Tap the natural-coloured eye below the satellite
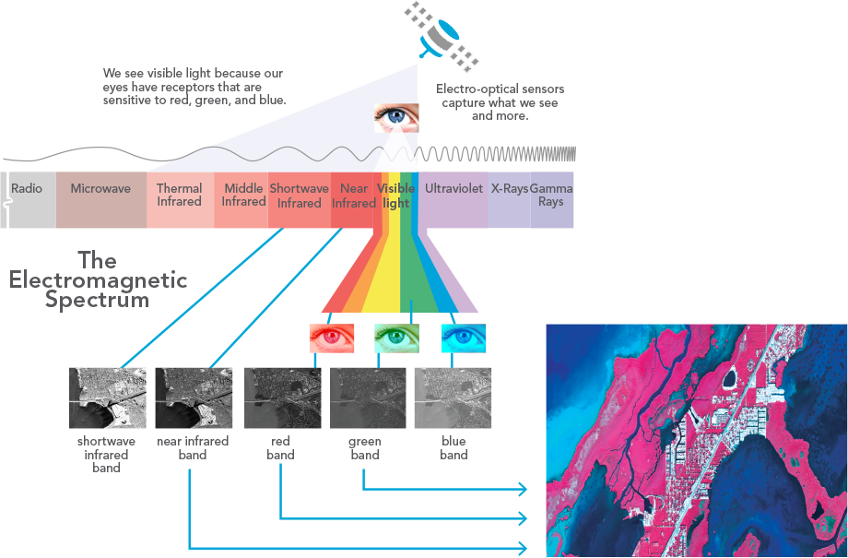[x=396, y=118]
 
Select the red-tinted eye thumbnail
[x=331, y=338]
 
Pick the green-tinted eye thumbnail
[x=397, y=338]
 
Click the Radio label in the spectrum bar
[x=27, y=189]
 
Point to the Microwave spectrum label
[x=100, y=189]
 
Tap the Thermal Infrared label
[x=179, y=195]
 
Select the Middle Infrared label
[x=243, y=195]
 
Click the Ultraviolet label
[x=453, y=189]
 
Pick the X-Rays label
[x=509, y=189]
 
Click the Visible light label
[x=395, y=196]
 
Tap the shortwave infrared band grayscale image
[x=107, y=398]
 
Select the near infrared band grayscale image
[x=193, y=398]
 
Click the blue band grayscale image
[x=453, y=398]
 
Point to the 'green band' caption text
[x=365, y=448]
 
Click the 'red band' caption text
[x=280, y=448]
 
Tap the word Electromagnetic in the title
[x=99, y=280]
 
